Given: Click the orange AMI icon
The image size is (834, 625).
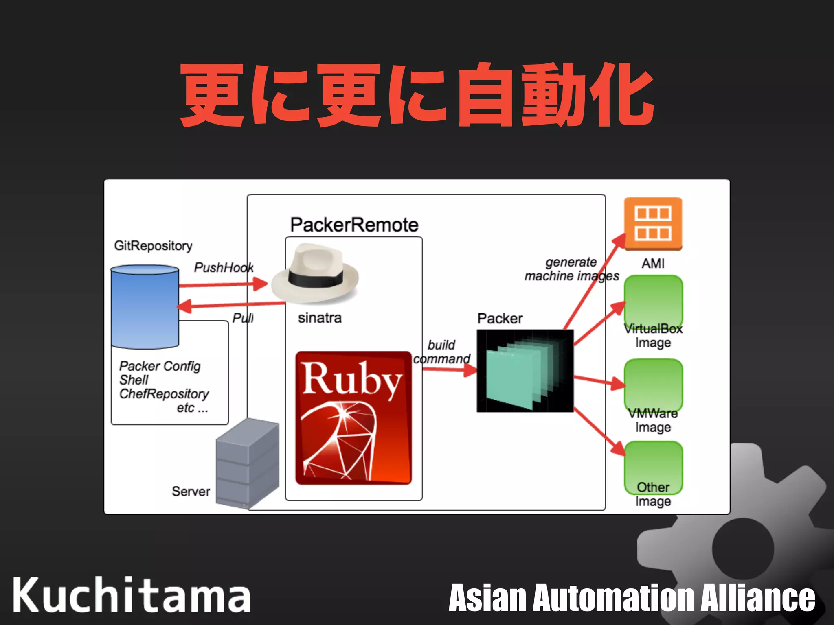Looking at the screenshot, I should coord(653,223).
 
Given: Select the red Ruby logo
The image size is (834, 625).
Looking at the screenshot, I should coord(353,418).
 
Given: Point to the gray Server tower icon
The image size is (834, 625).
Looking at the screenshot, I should coord(248,464).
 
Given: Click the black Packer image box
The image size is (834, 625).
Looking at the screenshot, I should coord(525,371).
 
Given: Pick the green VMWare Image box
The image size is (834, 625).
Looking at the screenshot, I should coord(653,385).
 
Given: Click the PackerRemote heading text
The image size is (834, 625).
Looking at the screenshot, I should coord(354,225).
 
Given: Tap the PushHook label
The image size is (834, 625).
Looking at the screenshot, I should coord(224,267).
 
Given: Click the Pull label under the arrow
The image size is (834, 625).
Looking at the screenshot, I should coord(243,318).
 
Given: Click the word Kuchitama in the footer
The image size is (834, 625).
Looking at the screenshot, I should coord(131,595).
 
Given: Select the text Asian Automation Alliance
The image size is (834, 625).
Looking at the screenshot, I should coord(632,597).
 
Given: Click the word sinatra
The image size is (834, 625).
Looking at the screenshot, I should coord(320,318).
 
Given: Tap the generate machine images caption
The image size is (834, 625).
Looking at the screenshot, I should coord(571,269).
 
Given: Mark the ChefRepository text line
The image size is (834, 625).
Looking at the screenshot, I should coord(164,394).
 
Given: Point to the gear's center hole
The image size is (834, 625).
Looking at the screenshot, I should coord(742,548).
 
